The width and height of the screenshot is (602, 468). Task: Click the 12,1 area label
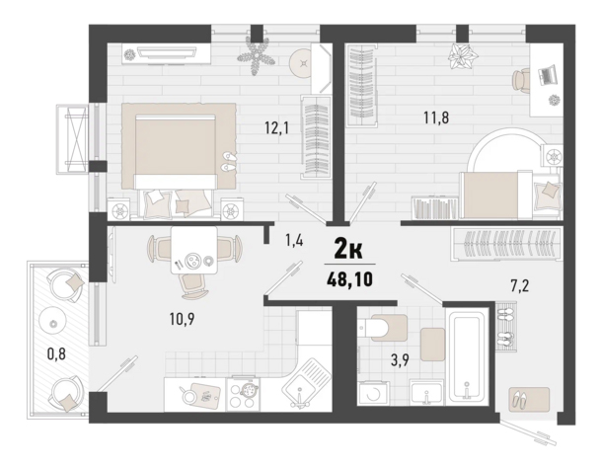pyautogui.click(x=276, y=127)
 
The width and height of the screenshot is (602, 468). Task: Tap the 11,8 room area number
pyautogui.click(x=436, y=117)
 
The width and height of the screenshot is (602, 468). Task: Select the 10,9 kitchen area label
pyautogui.click(x=182, y=319)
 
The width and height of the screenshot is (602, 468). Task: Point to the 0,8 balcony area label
pyautogui.click(x=56, y=353)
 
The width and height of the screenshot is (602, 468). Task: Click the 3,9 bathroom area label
pyautogui.click(x=400, y=360)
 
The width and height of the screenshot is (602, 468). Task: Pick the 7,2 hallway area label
pyautogui.click(x=520, y=286)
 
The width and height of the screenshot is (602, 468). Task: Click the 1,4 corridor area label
pyautogui.click(x=294, y=241)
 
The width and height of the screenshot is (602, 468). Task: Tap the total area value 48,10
pyautogui.click(x=349, y=279)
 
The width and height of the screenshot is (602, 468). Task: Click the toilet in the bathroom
pyautogui.click(x=382, y=328)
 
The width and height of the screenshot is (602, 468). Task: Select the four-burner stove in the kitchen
pyautogui.click(x=243, y=394)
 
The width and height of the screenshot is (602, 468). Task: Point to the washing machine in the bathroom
pyautogui.click(x=373, y=394)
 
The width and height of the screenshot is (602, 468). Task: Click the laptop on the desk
pyautogui.click(x=547, y=74)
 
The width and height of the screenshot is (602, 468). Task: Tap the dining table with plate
pyautogui.click(x=193, y=250)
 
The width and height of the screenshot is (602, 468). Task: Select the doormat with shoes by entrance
pyautogui.click(x=529, y=400)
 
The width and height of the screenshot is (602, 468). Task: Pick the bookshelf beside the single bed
pyautogui.click(x=435, y=208)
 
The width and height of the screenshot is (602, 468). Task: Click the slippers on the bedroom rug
pyautogui.click(x=229, y=161)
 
